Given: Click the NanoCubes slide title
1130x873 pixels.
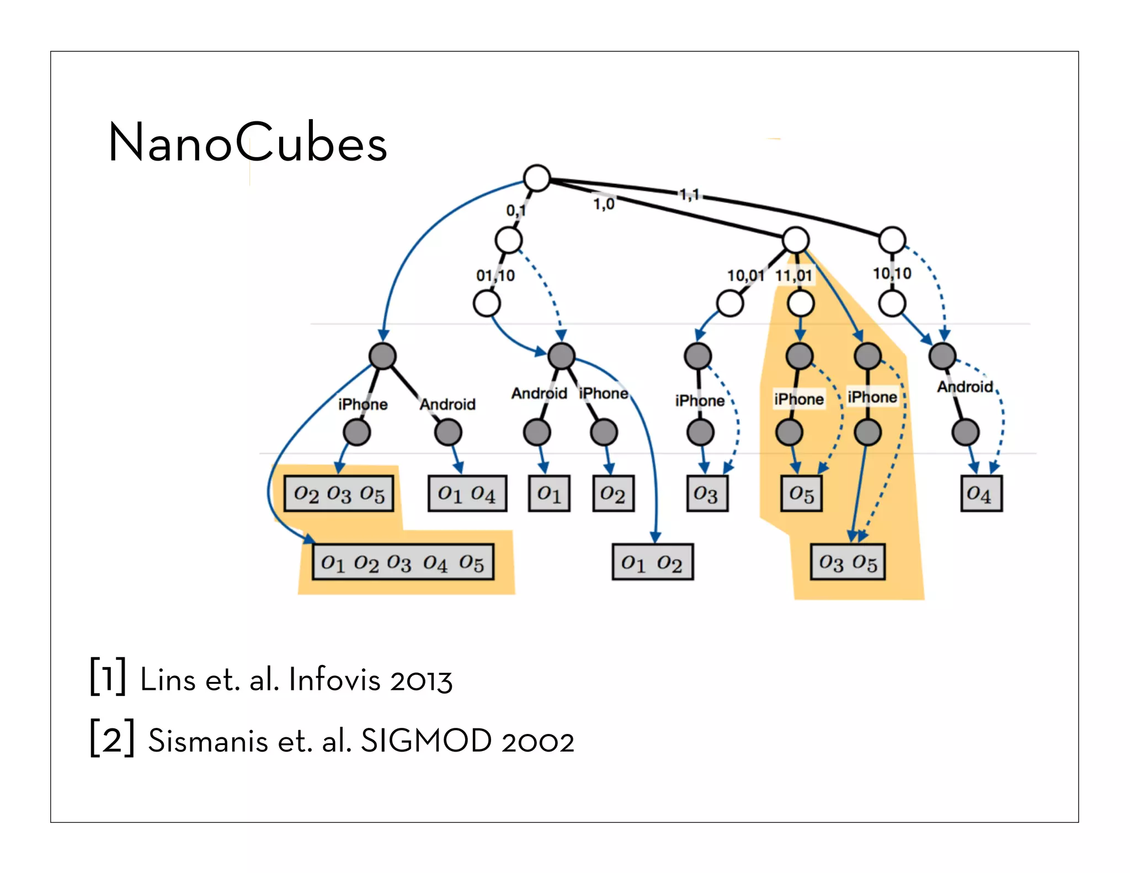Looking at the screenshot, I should (x=248, y=143).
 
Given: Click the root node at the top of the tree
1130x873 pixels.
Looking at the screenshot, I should (x=536, y=178).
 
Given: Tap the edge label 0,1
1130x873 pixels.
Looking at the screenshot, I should (x=516, y=210).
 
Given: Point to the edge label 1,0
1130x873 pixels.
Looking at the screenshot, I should (x=604, y=204).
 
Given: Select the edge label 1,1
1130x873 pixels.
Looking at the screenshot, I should (x=689, y=194).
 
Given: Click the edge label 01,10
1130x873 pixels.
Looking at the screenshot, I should (x=495, y=275).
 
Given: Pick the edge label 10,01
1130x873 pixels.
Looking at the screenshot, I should (x=745, y=275).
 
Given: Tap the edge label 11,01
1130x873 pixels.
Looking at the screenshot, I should (x=793, y=275).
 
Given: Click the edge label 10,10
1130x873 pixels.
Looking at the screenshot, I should (x=892, y=273).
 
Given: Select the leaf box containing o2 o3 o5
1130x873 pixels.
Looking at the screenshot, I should (x=339, y=493).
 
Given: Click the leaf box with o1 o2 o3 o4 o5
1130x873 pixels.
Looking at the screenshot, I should (x=403, y=562).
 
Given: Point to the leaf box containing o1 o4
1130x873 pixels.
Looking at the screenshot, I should (x=467, y=493).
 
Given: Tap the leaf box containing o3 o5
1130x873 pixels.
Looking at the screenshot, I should (x=847, y=562).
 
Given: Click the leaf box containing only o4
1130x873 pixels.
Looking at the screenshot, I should (x=980, y=493).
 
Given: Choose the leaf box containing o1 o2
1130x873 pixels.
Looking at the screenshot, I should (x=652, y=562).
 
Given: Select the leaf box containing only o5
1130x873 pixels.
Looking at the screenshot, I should (x=801, y=493).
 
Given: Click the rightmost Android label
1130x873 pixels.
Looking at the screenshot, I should (x=964, y=387).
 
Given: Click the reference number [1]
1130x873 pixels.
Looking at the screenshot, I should (x=108, y=677).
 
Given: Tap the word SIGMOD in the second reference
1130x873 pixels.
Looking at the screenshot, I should (x=426, y=741).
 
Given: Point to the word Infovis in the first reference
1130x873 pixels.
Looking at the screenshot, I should (x=334, y=679).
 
